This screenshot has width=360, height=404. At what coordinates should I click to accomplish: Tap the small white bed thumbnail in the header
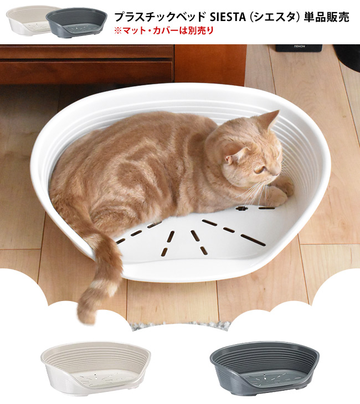click(x=26, y=20)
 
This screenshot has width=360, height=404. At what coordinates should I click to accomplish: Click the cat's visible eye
click(x=259, y=170)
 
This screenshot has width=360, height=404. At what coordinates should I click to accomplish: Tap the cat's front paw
click(x=280, y=194)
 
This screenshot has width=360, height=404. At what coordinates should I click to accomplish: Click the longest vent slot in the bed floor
click(x=252, y=239)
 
